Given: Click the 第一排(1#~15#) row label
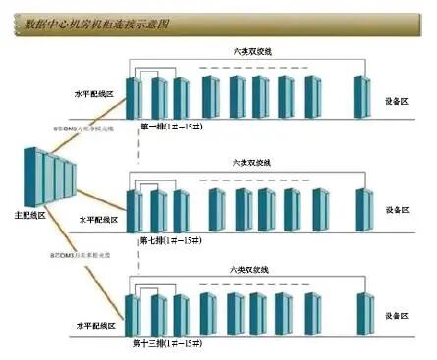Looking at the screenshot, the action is (x=173, y=127).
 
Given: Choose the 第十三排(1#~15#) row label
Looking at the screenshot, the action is (x=173, y=344).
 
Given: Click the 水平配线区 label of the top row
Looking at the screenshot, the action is (x=94, y=95).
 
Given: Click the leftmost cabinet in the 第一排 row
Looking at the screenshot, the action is (x=135, y=98).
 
